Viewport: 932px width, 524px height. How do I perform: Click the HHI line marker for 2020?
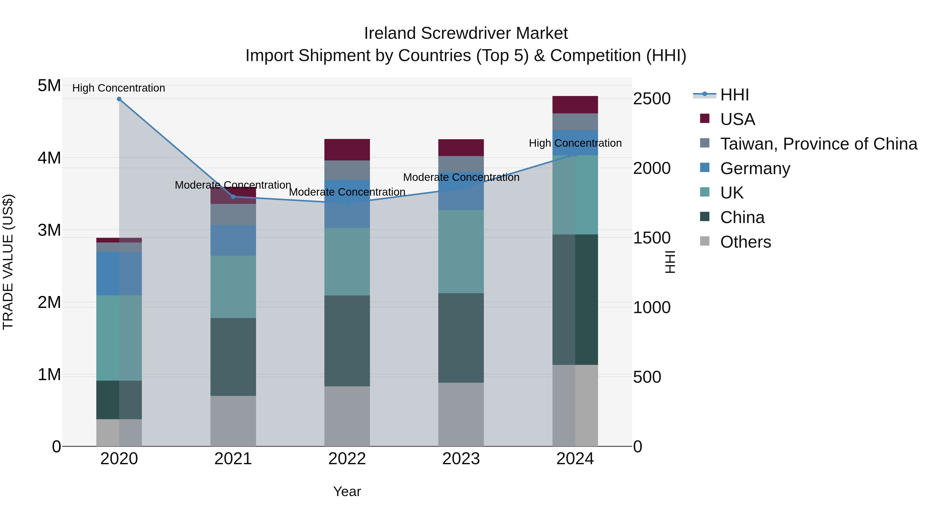119,99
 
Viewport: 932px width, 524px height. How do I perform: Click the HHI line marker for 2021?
233,197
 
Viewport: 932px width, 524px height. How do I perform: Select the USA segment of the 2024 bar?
575,105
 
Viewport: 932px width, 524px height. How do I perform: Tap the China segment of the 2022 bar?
347,341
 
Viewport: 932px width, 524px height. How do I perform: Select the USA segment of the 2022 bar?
347,149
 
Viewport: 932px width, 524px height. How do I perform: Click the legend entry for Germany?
755,168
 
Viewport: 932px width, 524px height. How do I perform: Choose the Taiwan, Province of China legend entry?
818,144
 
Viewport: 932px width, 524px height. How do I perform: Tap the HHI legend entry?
734,95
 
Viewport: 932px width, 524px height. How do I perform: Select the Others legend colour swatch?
704,241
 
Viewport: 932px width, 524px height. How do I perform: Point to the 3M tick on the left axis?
49,230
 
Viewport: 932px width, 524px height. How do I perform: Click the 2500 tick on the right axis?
652,99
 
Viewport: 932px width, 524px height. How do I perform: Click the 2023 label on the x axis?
461,459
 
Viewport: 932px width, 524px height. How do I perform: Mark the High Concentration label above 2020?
119,88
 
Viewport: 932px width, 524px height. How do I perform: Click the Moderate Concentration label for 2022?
347,192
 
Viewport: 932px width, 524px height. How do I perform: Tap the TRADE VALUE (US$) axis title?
8,262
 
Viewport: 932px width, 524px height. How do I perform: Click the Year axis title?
347,491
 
